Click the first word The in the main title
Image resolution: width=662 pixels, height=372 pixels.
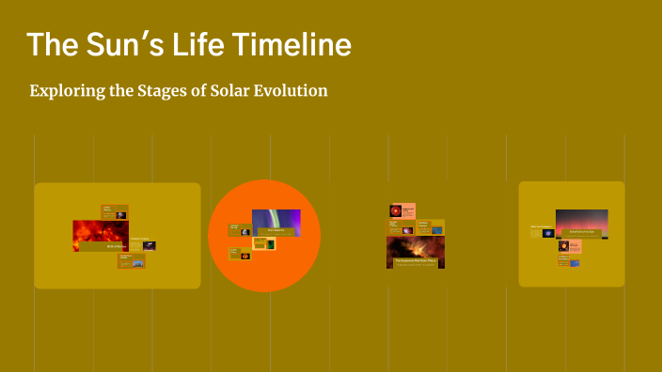(49, 44)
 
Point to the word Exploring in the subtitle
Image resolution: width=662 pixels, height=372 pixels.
(66, 91)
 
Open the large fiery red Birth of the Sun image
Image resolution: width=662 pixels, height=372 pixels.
(101, 235)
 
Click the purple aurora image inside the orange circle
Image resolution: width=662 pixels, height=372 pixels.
(276, 222)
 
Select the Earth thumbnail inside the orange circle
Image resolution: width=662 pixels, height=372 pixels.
(245, 230)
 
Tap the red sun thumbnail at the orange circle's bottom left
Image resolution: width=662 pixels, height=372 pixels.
(245, 255)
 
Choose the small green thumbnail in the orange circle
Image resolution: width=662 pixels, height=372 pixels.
(271, 244)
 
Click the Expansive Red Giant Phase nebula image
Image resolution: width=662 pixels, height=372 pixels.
(416, 252)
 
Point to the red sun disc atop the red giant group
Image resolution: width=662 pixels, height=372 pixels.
(396, 210)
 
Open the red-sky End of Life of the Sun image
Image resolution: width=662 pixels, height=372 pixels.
(581, 224)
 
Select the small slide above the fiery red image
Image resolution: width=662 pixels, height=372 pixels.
(114, 212)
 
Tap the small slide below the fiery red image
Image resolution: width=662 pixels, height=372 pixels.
(131, 261)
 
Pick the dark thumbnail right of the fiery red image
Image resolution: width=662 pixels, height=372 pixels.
(149, 245)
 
